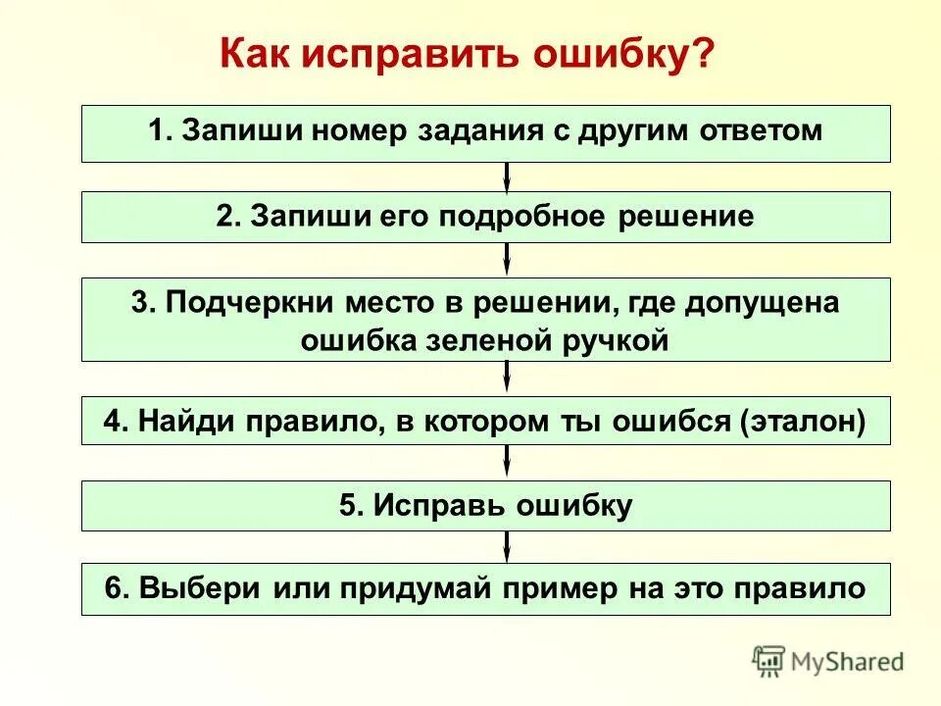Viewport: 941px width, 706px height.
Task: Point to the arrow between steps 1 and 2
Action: click(507, 176)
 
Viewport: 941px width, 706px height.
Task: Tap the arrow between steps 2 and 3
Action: click(507, 259)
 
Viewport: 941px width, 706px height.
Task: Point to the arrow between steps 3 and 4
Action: click(507, 378)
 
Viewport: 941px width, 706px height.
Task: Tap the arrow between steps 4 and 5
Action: click(507, 462)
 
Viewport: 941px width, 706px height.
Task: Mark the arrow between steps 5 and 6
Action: click(507, 546)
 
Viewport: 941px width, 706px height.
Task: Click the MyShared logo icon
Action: click(769, 661)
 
